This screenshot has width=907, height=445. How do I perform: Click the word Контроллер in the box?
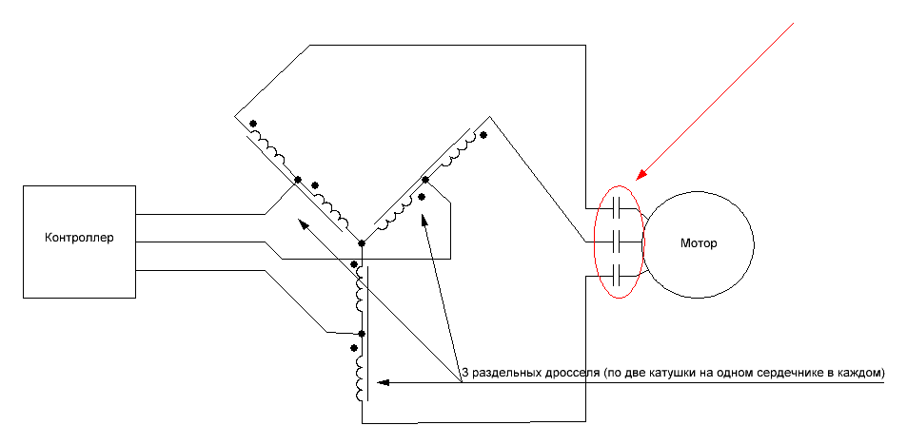point(79,238)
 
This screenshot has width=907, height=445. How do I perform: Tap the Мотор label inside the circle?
point(699,243)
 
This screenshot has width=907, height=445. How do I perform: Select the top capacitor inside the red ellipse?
point(619,205)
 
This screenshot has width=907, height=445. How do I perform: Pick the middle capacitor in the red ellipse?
point(619,242)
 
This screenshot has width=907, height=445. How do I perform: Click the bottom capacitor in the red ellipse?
point(619,278)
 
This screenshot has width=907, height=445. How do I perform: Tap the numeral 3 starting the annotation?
point(464,371)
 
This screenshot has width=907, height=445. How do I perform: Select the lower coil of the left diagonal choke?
point(333,208)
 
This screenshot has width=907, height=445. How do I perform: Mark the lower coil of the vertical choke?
point(359,377)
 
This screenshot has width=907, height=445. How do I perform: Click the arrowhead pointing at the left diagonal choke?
point(303,224)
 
